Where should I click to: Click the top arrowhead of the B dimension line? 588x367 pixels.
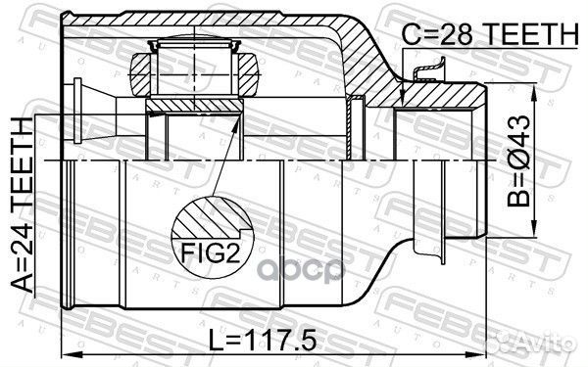tap(534, 91)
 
